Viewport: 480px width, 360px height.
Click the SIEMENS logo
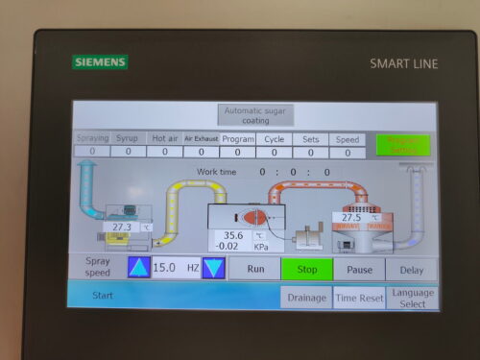(99, 62)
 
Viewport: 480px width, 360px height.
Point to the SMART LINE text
(403, 63)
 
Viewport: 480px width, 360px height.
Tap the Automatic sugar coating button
(254, 115)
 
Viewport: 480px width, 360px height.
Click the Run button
(255, 270)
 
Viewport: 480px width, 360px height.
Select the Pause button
(359, 270)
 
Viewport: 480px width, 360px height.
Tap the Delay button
(411, 270)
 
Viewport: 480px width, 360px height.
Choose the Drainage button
(306, 298)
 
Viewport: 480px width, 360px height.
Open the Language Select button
(412, 298)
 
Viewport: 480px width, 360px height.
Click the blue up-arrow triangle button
(138, 268)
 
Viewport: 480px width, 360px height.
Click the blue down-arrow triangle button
(213, 268)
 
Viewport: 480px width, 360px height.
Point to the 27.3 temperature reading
(121, 227)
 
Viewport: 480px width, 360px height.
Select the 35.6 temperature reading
(233, 234)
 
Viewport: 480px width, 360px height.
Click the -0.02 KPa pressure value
(230, 246)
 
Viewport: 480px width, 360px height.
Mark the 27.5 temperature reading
(351, 218)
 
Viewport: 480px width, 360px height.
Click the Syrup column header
(127, 139)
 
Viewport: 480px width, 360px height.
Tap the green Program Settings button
(402, 144)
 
